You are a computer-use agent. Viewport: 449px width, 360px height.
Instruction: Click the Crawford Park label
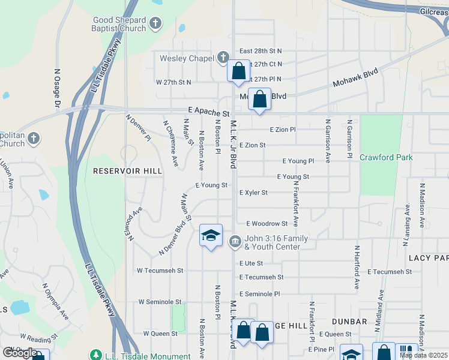386,157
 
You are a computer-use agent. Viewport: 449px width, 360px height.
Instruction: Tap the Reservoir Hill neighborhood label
128,171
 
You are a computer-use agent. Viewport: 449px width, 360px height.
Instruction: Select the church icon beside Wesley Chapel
223,58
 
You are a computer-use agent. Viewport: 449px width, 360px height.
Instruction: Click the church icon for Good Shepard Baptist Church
155,24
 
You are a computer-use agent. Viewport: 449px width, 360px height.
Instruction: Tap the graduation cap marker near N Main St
211,235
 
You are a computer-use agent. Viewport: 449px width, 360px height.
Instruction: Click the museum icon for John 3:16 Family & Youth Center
235,242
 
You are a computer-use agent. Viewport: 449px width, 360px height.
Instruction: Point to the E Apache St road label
208,113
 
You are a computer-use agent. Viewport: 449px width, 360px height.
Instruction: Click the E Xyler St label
253,193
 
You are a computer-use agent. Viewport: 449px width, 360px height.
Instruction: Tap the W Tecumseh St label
160,270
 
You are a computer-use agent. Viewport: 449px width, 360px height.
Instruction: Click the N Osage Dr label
58,88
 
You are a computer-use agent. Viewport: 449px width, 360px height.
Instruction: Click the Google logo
19,353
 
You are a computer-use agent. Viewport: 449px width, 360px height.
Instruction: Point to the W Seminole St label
160,302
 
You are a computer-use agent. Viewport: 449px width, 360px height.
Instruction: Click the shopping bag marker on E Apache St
259,100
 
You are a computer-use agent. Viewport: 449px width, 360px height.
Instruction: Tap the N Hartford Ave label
357,267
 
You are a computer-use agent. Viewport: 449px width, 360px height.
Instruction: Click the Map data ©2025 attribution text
424,355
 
